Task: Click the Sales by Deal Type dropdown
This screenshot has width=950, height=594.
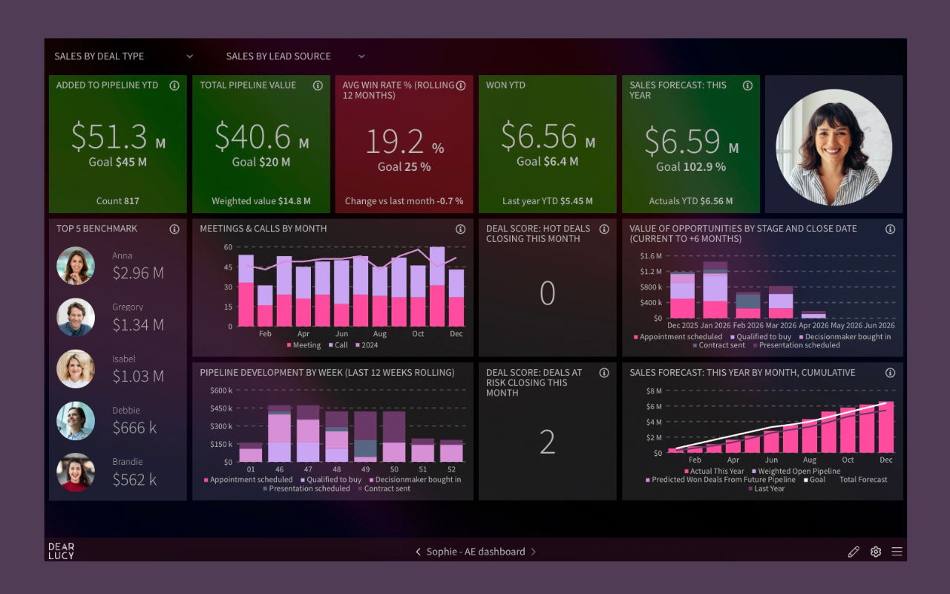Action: (123, 56)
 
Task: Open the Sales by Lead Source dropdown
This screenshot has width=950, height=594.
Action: (295, 56)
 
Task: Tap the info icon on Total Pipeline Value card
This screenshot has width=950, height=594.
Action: (318, 85)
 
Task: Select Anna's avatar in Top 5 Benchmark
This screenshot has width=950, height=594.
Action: (76, 266)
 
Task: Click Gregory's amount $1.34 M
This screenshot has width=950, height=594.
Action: (138, 324)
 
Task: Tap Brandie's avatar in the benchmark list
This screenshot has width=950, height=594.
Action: (76, 472)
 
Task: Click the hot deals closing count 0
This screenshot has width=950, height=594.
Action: (547, 293)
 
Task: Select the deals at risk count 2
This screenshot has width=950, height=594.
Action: (547, 443)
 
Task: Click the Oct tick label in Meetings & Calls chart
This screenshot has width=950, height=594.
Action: (418, 334)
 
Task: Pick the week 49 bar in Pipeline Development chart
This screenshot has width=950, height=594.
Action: (365, 437)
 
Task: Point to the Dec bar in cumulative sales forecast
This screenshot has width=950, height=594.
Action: (886, 427)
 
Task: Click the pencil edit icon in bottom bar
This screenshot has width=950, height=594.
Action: (854, 552)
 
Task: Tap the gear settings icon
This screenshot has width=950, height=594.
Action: (876, 552)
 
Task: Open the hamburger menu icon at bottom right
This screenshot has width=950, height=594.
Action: (897, 552)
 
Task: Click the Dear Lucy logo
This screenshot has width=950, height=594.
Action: (61, 551)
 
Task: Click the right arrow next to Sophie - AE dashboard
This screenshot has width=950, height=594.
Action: (534, 552)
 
